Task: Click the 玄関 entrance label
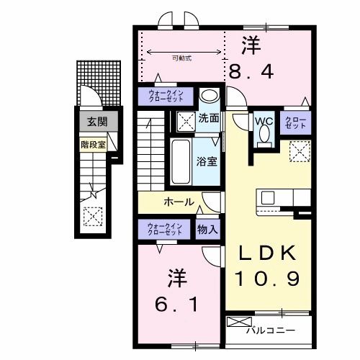click(93, 123)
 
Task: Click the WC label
click(261, 121)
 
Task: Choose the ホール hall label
click(178, 202)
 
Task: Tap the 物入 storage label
click(207, 229)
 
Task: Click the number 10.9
click(264, 277)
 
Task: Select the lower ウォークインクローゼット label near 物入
click(165, 228)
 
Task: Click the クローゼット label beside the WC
click(294, 123)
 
